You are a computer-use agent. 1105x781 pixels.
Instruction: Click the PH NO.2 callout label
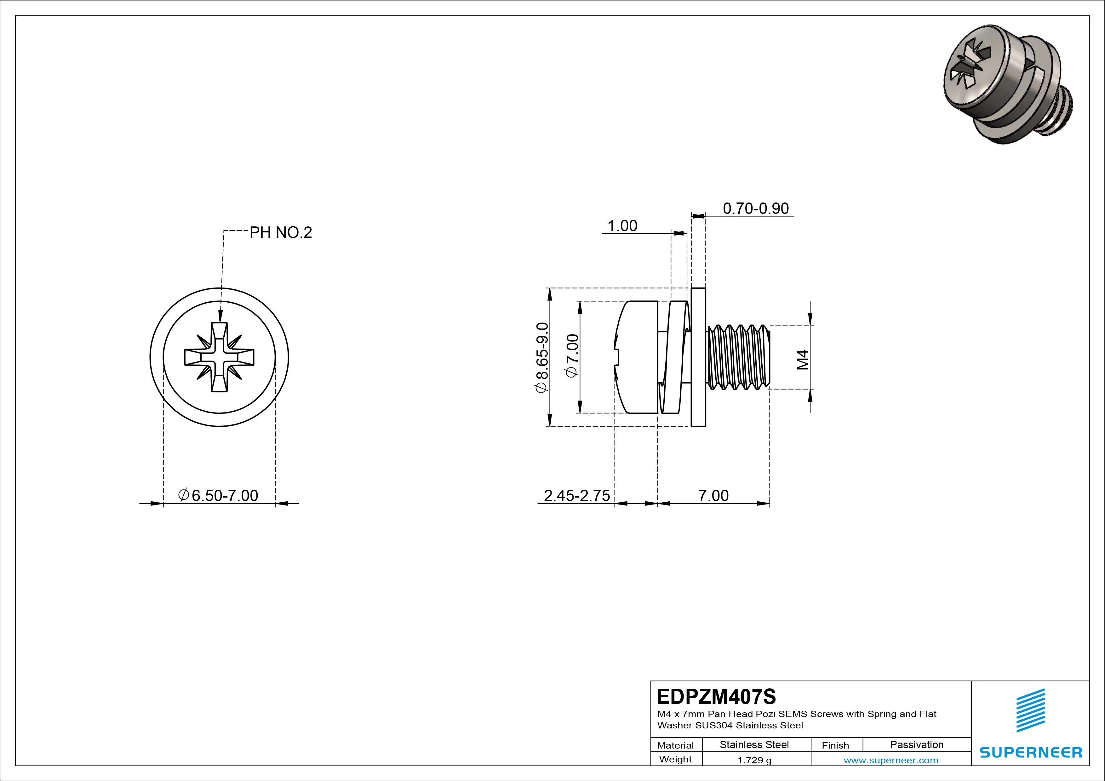[281, 233]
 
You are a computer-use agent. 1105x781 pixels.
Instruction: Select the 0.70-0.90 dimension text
[756, 208]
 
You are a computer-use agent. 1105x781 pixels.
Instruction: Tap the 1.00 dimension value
[622, 226]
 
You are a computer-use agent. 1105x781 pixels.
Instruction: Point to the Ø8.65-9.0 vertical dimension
[541, 357]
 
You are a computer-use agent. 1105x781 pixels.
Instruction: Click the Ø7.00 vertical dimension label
[572, 356]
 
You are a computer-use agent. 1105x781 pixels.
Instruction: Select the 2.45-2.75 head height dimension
[576, 495]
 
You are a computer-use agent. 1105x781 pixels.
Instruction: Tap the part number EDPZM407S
[716, 696]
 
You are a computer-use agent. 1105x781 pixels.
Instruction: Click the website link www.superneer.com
[891, 760]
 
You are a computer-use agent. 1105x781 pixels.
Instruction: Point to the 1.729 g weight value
[754, 760]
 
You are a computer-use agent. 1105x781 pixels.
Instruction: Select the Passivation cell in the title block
[916, 744]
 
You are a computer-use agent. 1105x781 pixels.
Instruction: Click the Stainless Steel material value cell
[754, 744]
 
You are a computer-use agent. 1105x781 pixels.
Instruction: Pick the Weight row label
[675, 759]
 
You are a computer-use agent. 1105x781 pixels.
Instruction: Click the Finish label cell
[835, 745]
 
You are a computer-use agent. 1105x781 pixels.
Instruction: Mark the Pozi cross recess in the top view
[220, 357]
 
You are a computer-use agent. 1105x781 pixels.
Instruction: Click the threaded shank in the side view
[739, 356]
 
